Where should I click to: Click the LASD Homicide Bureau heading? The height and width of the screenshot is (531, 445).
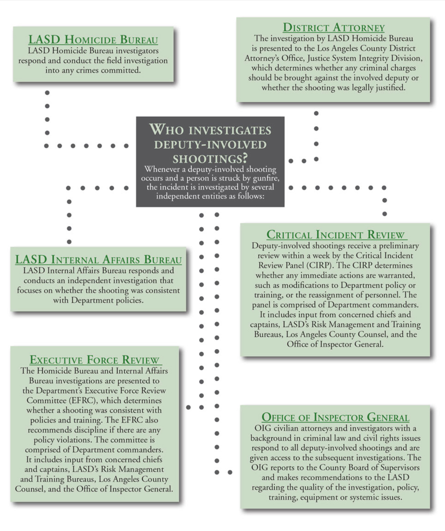(x=93, y=40)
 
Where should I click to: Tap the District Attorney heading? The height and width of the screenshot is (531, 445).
(x=334, y=27)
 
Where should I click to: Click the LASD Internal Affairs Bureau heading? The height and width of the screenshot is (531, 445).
(x=98, y=260)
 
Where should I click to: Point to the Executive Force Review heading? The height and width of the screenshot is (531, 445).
(x=94, y=360)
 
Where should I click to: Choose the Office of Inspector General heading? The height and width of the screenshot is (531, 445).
(x=335, y=417)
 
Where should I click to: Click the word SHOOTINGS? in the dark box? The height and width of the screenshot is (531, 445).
(x=210, y=159)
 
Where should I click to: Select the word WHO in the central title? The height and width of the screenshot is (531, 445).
(x=162, y=130)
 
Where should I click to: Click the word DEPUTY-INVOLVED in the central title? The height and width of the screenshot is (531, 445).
(x=210, y=145)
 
